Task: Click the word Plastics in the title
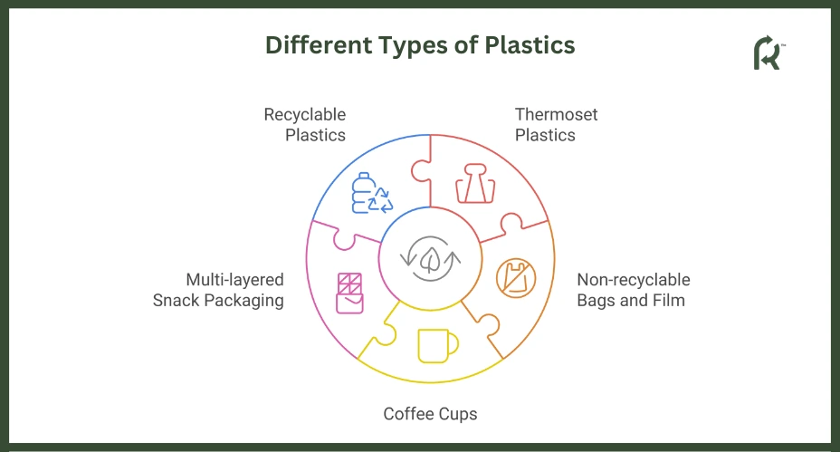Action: click(530, 45)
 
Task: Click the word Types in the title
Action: click(413, 46)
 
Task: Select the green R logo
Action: click(768, 53)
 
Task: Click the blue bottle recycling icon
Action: click(372, 193)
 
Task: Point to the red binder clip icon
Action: click(475, 183)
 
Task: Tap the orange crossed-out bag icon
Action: click(516, 278)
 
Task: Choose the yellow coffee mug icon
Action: click(438, 346)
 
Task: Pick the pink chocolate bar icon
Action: click(349, 293)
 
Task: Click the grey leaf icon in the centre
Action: click(430, 258)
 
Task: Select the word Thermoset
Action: click(556, 114)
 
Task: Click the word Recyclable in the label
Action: click(305, 115)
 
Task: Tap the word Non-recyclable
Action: click(634, 280)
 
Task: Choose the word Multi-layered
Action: click(234, 280)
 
